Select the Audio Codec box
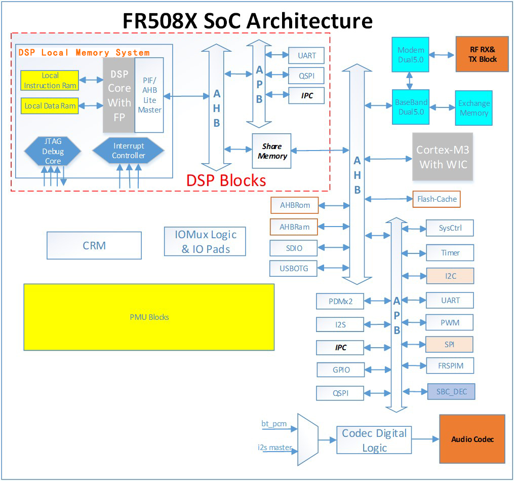click(472, 439)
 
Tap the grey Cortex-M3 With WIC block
click(442, 157)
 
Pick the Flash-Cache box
click(437, 199)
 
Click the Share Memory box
click(272, 151)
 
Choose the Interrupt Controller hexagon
click(128, 151)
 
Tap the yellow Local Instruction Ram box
click(50, 80)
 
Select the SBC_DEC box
click(451, 392)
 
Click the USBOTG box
click(294, 268)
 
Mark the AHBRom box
click(294, 205)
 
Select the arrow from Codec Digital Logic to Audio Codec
click(425, 439)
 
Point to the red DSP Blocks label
click(226, 180)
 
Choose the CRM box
click(94, 245)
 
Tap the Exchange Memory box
click(473, 108)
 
